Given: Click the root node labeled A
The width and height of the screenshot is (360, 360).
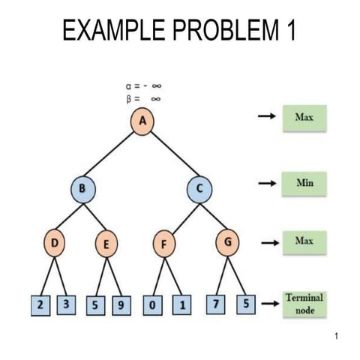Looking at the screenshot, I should pyautogui.click(x=140, y=121).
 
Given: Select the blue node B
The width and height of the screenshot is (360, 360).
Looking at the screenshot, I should pyautogui.click(x=82, y=187).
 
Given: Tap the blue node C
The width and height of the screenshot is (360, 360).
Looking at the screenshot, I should pyautogui.click(x=200, y=187).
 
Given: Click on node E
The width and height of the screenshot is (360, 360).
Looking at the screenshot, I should pyautogui.click(x=107, y=244).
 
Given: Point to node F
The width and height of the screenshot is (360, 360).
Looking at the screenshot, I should pyautogui.click(x=164, y=244).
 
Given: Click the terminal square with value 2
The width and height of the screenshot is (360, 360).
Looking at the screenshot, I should pyautogui.click(x=39, y=305).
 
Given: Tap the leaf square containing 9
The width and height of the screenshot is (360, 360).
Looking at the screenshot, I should pyautogui.click(x=121, y=305).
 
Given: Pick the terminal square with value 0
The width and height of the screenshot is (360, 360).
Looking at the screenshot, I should pyautogui.click(x=154, y=305).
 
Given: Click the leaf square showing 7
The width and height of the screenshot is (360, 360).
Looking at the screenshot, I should pyautogui.click(x=217, y=305).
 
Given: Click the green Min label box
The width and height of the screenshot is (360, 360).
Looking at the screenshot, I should pyautogui.click(x=304, y=182).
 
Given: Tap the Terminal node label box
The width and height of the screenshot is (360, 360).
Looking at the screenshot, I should pyautogui.click(x=304, y=304).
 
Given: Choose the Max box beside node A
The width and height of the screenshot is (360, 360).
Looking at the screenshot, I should pyautogui.click(x=304, y=118).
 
